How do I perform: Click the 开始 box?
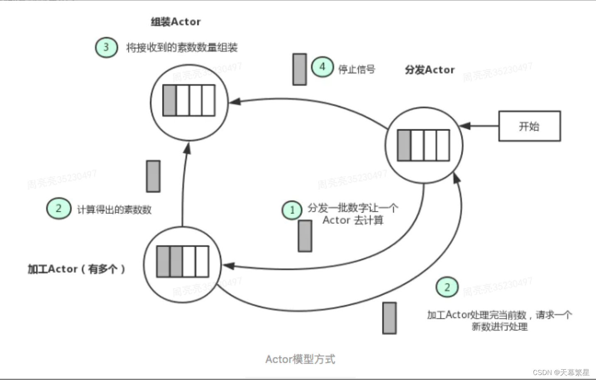pos(529,126)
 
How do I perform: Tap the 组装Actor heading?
pos(176,22)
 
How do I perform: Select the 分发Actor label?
pos(430,70)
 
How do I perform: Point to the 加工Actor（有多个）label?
pos(76,269)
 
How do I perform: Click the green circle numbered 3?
pos(106,47)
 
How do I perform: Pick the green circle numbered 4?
pos(322,67)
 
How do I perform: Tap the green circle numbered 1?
pos(292,210)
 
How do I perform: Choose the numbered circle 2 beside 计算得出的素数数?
pos(59,208)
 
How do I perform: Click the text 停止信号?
pos(357,69)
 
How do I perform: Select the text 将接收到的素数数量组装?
pos(182,48)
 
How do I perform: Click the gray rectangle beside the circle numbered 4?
pos(299,69)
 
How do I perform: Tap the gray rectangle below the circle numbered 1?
pos(305,236)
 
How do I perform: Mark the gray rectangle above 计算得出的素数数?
pos(153,176)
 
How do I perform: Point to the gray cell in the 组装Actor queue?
pos(169,100)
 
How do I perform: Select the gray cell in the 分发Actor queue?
pos(404,145)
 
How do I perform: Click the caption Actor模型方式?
pos(300,359)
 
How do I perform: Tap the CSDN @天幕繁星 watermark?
pos(561,372)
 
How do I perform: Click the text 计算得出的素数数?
pos(114,209)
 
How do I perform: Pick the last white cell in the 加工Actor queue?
pos(202,261)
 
